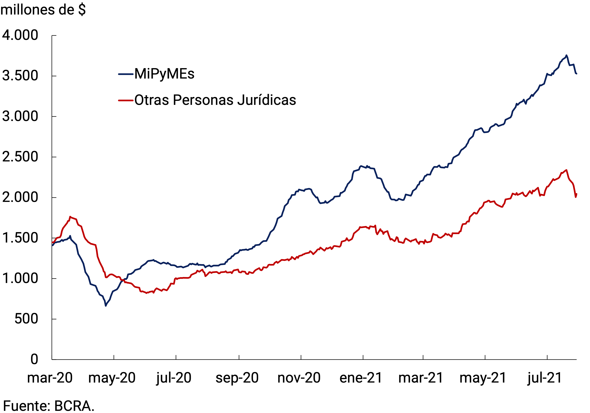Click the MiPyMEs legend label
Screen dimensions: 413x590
(164, 74)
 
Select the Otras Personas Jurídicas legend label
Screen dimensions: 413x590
(215, 100)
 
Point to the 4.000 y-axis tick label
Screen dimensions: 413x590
(20, 35)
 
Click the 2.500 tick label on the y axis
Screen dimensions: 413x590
(20, 157)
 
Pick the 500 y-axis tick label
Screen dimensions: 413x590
(26, 319)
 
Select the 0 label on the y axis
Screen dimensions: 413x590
(34, 359)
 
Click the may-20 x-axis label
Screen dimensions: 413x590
(112, 378)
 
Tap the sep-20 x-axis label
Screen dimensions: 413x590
(237, 378)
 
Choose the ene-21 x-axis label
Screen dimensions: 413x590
(361, 378)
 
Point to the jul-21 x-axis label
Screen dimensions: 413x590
(545, 378)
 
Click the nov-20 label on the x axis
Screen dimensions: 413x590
(299, 378)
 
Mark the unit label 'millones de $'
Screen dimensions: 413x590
(43, 10)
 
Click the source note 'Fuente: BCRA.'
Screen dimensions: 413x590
(49, 406)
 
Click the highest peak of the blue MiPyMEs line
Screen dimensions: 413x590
(566, 55)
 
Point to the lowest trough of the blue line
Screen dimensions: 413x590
(106, 306)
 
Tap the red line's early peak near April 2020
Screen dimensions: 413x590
(70, 217)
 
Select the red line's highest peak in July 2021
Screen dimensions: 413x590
(567, 170)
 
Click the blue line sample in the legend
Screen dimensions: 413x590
(126, 74)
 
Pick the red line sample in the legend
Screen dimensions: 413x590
(126, 100)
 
